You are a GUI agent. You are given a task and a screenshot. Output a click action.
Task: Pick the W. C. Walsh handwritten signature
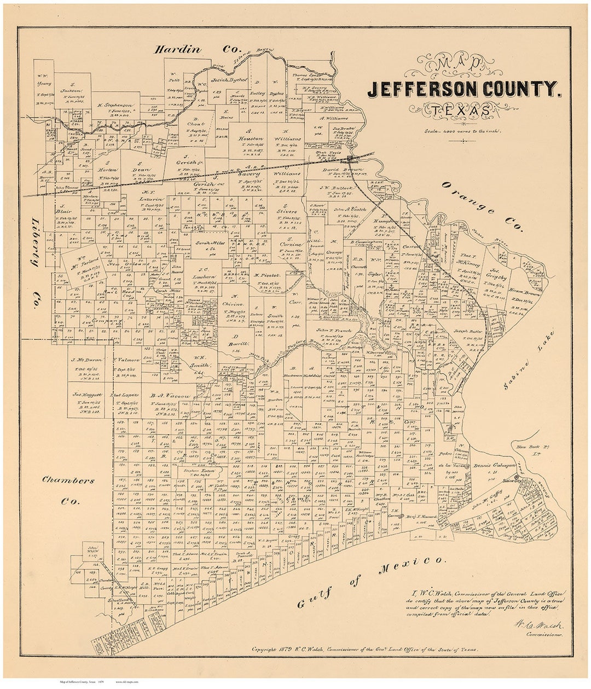coord(539,625)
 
